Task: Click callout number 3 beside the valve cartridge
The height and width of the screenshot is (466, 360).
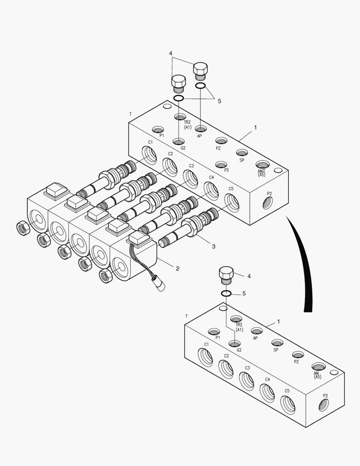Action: (213, 246)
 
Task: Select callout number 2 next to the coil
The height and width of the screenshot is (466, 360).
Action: (177, 268)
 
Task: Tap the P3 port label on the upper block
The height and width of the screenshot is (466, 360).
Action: (226, 170)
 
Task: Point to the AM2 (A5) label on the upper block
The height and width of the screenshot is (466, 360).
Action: (262, 173)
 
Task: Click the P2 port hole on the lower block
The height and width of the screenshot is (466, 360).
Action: (323, 405)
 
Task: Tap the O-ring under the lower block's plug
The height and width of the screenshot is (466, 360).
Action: (226, 293)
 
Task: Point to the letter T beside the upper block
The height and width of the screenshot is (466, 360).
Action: (130, 114)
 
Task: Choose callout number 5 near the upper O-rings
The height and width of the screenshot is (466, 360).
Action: (219, 101)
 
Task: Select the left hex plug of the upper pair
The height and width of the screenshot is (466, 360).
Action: (178, 83)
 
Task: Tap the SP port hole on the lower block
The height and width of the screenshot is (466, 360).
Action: (277, 343)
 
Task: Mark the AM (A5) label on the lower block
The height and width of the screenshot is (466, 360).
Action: (317, 375)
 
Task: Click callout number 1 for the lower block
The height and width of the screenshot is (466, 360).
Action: (279, 321)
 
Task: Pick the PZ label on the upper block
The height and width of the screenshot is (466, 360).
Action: (219, 148)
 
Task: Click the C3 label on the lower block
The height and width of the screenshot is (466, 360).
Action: (247, 368)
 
